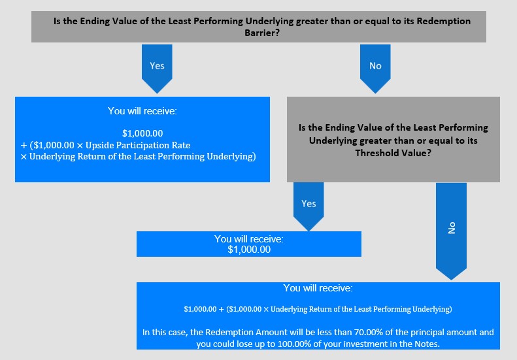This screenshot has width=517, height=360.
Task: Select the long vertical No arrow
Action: [451, 231]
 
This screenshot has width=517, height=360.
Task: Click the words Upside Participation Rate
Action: [138, 146]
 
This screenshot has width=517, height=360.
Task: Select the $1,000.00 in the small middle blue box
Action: [249, 250]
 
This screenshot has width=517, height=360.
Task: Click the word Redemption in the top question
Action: [444, 21]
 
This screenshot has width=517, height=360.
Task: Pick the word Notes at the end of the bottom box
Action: [427, 344]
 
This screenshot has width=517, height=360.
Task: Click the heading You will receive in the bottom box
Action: [318, 288]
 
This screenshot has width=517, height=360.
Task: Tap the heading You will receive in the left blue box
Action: [142, 111]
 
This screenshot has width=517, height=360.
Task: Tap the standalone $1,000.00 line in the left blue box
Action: [142, 133]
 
